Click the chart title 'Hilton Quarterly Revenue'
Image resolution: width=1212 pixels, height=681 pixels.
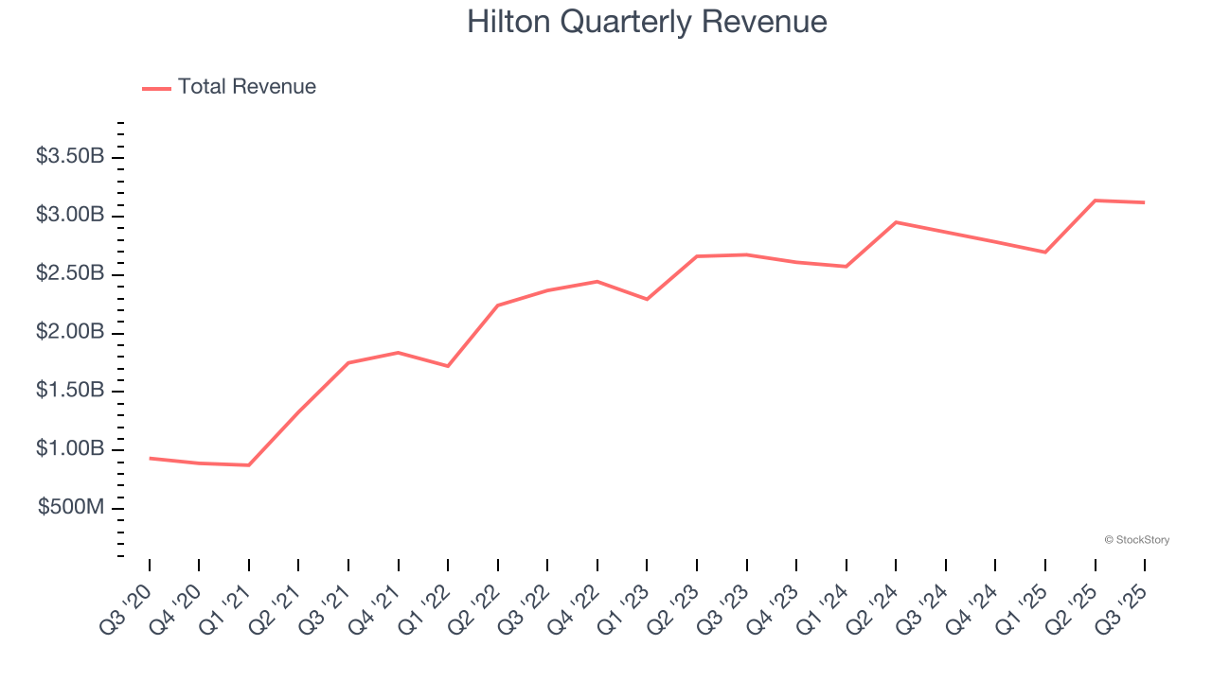point(647,22)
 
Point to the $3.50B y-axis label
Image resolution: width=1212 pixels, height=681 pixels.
point(70,157)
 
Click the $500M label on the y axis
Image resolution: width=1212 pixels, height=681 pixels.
point(71,508)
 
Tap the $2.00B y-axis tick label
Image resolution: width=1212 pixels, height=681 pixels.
point(70,332)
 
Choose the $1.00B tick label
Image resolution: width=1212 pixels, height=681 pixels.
point(70,449)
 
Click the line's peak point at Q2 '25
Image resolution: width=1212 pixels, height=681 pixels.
point(1095,201)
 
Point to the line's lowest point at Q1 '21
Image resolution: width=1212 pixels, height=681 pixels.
point(249,465)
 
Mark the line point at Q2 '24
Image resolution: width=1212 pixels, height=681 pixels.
point(896,222)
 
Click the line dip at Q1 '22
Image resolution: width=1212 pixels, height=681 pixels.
point(448,366)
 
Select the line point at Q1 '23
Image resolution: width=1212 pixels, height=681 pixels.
point(647,299)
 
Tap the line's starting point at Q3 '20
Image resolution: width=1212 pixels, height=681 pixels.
point(150,458)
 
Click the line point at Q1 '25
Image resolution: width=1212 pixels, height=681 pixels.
point(1045,252)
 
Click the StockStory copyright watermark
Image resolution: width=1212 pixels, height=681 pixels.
point(1136,540)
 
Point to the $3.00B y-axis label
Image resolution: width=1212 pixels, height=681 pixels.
point(70,216)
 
